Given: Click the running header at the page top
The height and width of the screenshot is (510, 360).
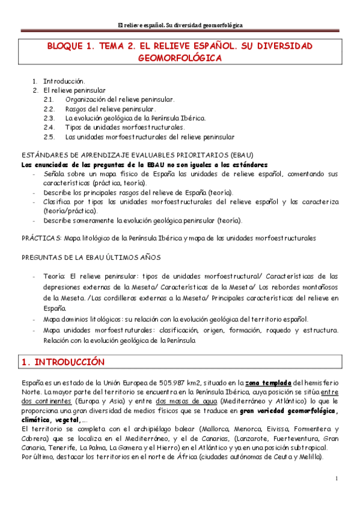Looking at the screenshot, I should (x=180, y=25).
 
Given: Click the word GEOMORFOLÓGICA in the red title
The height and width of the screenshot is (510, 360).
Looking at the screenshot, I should (x=180, y=58).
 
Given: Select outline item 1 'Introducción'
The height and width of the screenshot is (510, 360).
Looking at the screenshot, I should (x=64, y=81).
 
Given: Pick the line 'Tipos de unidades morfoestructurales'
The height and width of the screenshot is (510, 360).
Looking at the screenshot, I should (x=124, y=127).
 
